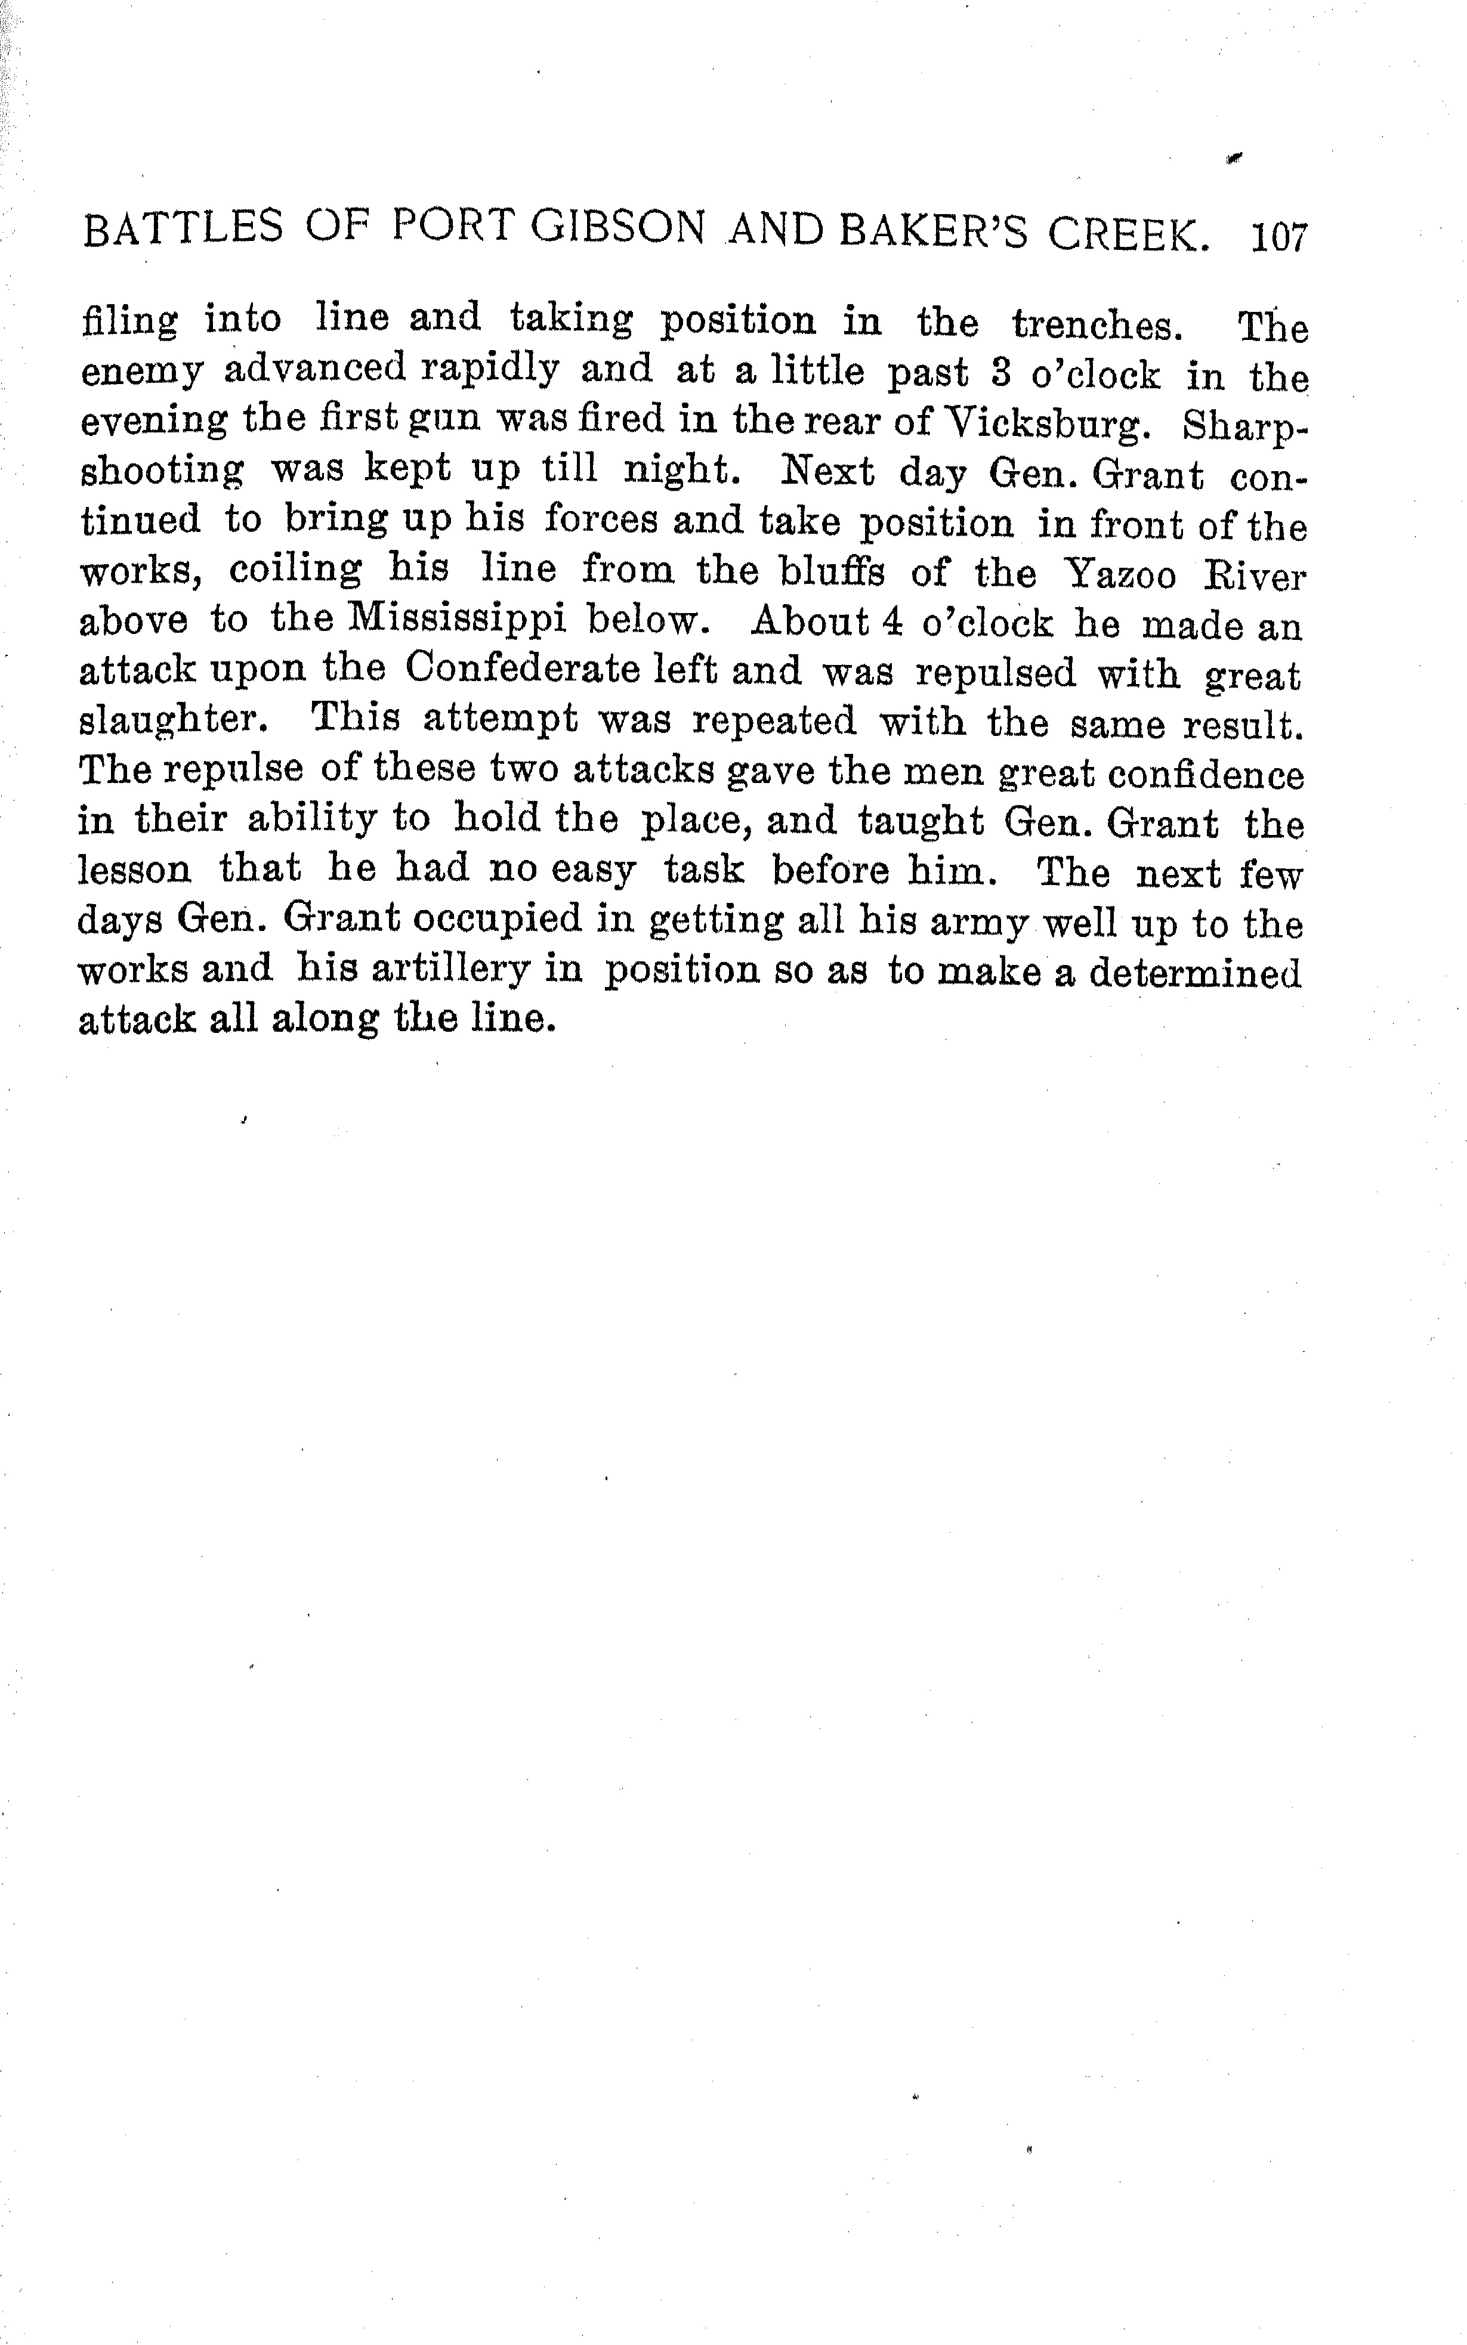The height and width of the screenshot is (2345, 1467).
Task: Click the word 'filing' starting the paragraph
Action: (x=130, y=321)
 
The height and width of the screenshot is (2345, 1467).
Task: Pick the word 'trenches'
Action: (x=1097, y=325)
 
